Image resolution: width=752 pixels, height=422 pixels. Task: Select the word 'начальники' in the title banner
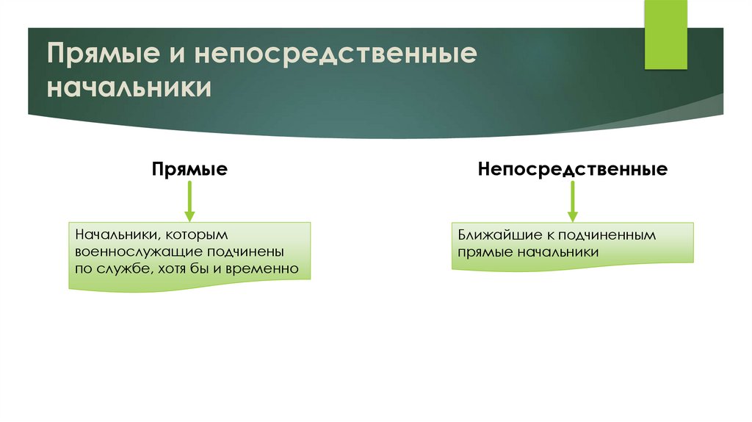[130, 88]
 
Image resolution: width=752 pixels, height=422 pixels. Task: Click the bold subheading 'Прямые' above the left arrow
[189, 170]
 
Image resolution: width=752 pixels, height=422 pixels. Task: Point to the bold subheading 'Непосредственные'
[572, 170]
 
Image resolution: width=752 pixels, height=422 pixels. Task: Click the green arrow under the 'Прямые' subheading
[189, 200]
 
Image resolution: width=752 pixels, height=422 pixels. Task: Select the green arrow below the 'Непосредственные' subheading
[572, 200]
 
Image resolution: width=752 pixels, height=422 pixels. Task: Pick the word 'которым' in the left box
[197, 236]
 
